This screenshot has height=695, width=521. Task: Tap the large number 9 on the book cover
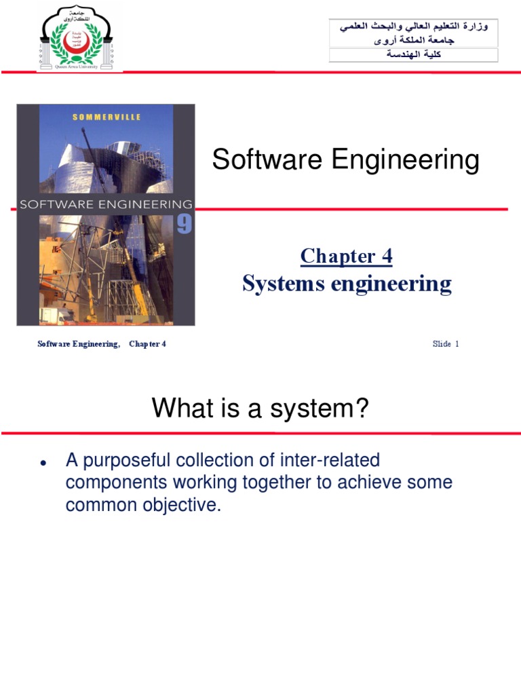(185, 224)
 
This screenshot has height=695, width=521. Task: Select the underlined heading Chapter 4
(346, 256)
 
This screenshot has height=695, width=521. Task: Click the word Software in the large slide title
(266, 161)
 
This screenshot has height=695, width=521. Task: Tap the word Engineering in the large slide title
(403, 161)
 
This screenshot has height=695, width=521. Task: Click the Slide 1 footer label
(446, 344)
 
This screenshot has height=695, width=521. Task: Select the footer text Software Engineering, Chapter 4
(102, 344)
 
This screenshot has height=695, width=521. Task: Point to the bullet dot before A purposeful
(43, 464)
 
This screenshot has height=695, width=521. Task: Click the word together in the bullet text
(253, 483)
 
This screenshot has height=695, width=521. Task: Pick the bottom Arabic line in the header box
(413, 55)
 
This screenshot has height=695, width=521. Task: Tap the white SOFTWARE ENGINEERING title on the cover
(106, 204)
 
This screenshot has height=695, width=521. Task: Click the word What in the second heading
(177, 409)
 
